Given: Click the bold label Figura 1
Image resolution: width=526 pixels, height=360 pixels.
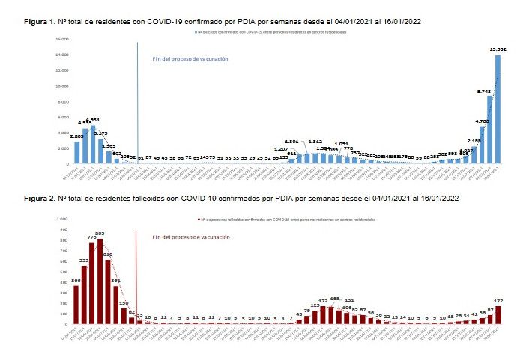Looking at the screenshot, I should click(38, 22).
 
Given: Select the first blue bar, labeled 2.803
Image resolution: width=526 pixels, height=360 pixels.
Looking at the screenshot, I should click(76, 152).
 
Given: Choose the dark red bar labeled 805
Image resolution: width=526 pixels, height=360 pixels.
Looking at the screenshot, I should click(100, 281).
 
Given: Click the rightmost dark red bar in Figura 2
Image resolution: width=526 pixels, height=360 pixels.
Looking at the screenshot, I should click(498, 314).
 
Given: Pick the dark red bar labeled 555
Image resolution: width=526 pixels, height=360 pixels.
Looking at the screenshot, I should click(84, 295).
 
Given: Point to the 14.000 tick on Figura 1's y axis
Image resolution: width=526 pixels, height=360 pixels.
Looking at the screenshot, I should click(61, 55).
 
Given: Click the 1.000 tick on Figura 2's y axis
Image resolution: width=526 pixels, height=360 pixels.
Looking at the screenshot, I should click(61, 219).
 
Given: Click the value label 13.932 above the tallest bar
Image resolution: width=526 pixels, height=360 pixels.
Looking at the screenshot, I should click(498, 49).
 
